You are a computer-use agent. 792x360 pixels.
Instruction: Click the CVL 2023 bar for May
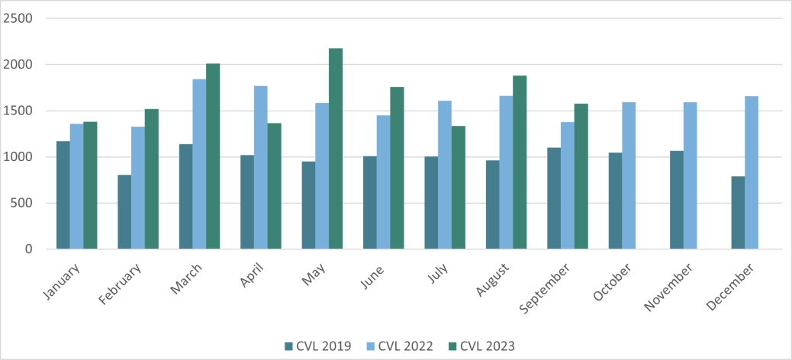(x=336, y=149)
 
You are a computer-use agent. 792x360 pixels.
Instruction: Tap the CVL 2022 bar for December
(x=752, y=172)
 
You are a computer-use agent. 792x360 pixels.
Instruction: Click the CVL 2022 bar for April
(x=261, y=167)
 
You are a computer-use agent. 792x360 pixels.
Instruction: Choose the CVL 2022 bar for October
(x=629, y=175)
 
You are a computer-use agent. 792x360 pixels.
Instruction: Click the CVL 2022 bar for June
(x=383, y=182)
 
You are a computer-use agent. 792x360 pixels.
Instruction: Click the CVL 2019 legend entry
(x=317, y=346)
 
